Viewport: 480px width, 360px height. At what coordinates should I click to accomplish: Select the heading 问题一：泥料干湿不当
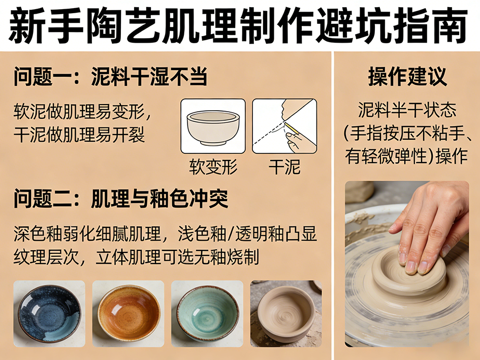coord(111,77)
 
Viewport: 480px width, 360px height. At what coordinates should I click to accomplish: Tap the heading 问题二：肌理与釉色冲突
coord(121,199)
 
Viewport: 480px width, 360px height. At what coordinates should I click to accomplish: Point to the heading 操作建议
coord(407,77)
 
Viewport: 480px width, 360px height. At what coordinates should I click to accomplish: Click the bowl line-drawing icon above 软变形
coord(213,126)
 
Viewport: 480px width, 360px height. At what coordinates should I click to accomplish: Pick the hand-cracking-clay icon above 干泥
coord(284,126)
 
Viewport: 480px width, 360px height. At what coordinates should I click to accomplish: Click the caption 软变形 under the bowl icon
coord(213,167)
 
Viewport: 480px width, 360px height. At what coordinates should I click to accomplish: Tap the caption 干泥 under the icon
coord(284,167)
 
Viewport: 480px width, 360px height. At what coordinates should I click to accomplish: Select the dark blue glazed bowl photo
coord(49,314)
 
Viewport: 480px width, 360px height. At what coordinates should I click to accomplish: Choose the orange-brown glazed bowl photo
coord(129,314)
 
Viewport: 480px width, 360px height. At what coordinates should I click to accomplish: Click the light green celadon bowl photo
coord(207,314)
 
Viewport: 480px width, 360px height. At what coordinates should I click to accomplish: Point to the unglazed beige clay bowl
coord(286,314)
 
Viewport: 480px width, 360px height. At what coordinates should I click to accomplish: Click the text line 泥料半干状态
coord(407,110)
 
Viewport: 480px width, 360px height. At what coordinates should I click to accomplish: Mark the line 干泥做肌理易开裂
coord(79,135)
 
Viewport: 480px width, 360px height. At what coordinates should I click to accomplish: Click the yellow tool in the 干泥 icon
coord(292,128)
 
